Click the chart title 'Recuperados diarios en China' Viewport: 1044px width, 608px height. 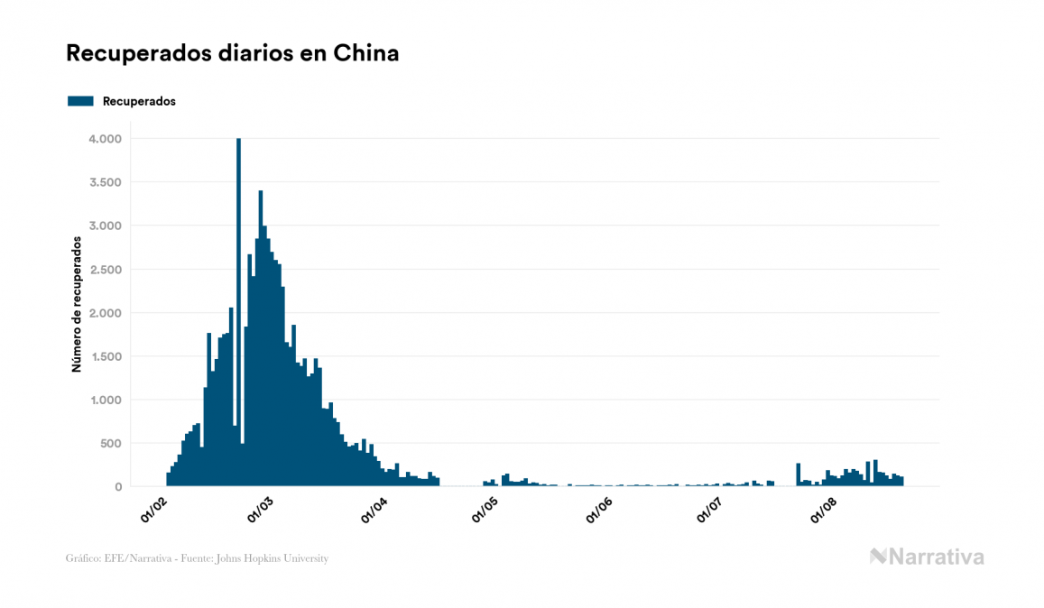(x=232, y=53)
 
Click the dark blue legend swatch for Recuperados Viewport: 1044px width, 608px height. (x=80, y=101)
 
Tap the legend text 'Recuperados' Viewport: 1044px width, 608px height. (x=139, y=101)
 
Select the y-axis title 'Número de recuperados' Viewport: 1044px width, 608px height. (x=78, y=304)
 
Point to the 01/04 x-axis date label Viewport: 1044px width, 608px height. (x=374, y=510)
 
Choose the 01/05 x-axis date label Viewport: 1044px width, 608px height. (x=485, y=510)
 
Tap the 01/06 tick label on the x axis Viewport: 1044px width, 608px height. (x=600, y=510)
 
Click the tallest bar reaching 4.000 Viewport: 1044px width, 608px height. (x=238, y=316)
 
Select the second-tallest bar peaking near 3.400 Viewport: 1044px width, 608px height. (x=261, y=343)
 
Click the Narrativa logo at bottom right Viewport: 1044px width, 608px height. (x=927, y=557)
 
